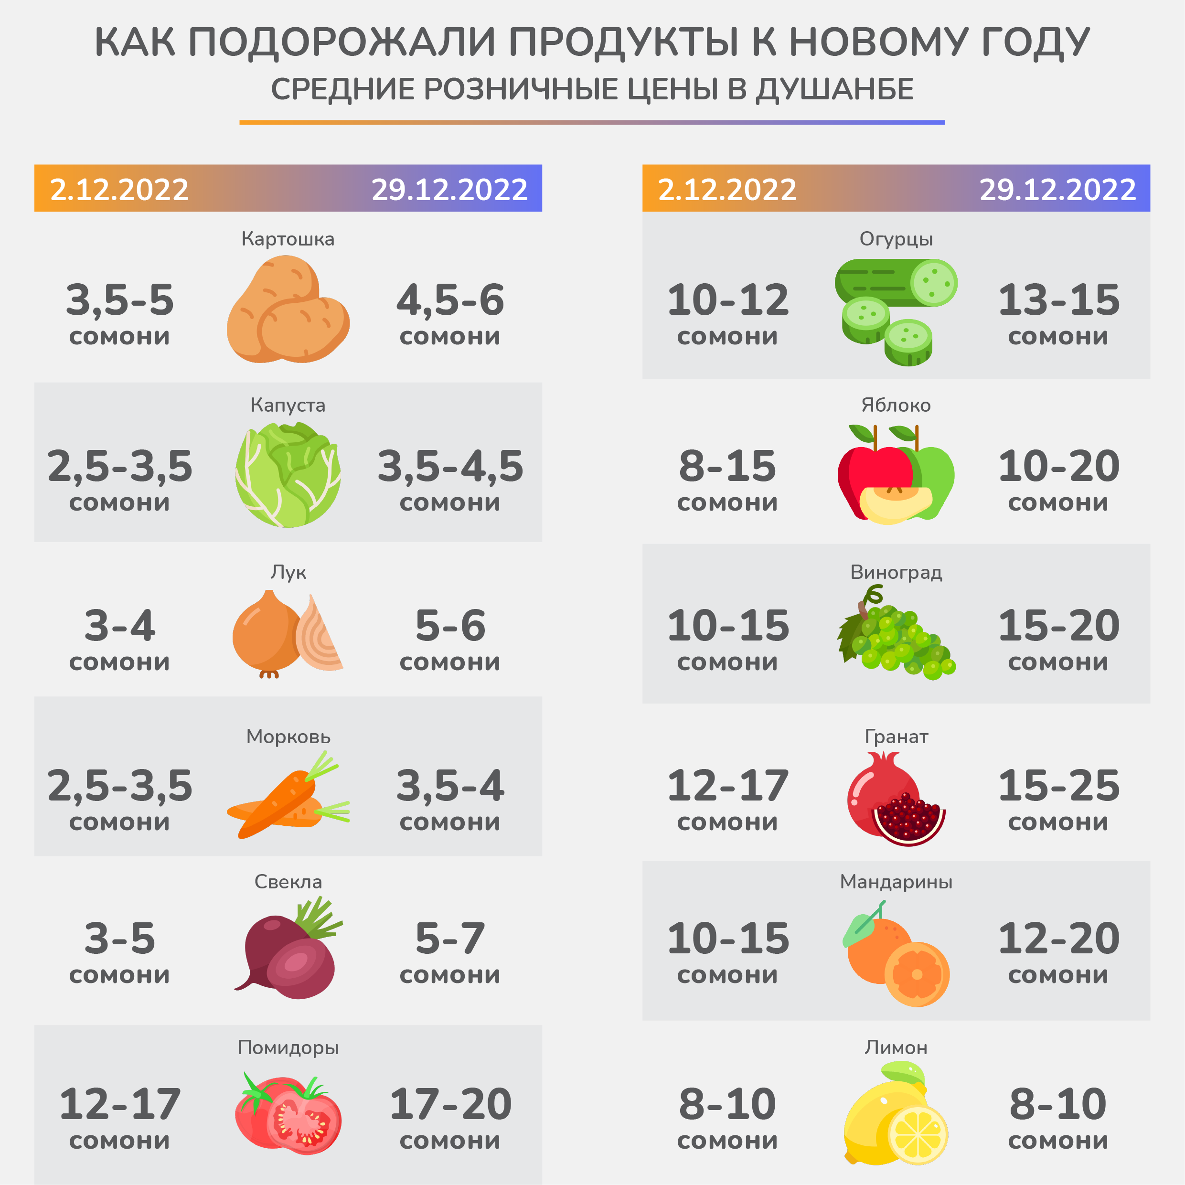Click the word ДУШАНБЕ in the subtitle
click(x=834, y=89)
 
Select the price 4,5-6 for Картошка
click(x=450, y=300)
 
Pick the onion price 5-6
click(x=450, y=626)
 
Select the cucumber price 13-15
click(x=1058, y=300)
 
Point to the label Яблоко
click(x=896, y=405)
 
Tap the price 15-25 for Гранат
click(x=1058, y=786)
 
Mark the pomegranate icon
click(x=896, y=801)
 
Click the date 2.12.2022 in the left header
click(x=119, y=190)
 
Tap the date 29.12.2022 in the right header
click(x=1057, y=190)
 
